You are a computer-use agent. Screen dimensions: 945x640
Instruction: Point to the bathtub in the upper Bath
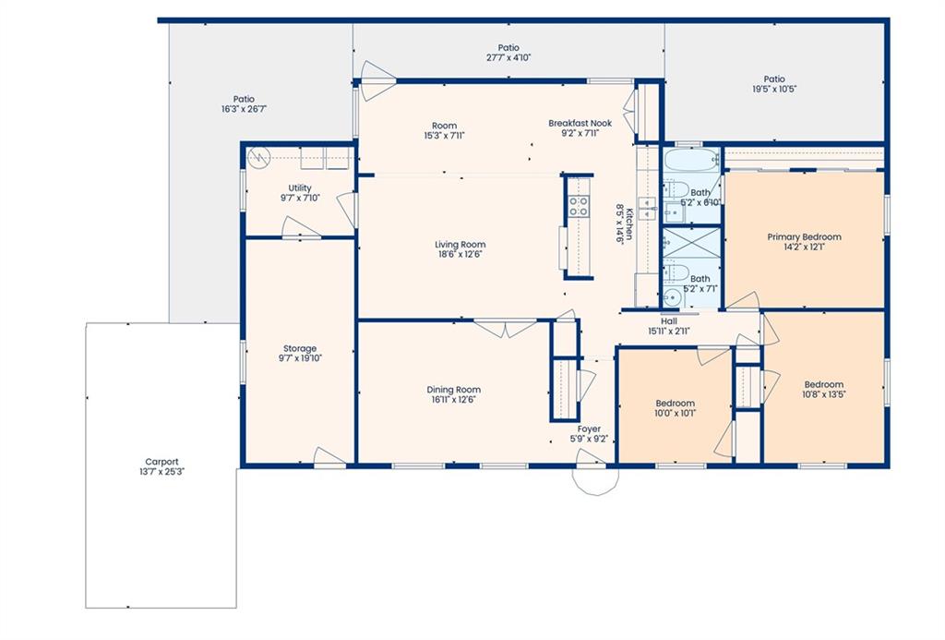(x=691, y=160)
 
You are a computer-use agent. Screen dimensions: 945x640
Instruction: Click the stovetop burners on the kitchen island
(x=580, y=206)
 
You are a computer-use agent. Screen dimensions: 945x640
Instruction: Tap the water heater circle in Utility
(x=258, y=157)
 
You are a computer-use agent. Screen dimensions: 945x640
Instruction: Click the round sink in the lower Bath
(x=672, y=298)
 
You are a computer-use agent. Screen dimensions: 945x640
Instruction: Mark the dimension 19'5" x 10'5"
(x=774, y=89)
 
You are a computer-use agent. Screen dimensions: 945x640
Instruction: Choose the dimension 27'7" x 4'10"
(x=508, y=58)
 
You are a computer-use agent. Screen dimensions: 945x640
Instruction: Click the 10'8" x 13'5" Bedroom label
(x=824, y=389)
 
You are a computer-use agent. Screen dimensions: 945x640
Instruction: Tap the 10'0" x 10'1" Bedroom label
(x=675, y=408)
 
